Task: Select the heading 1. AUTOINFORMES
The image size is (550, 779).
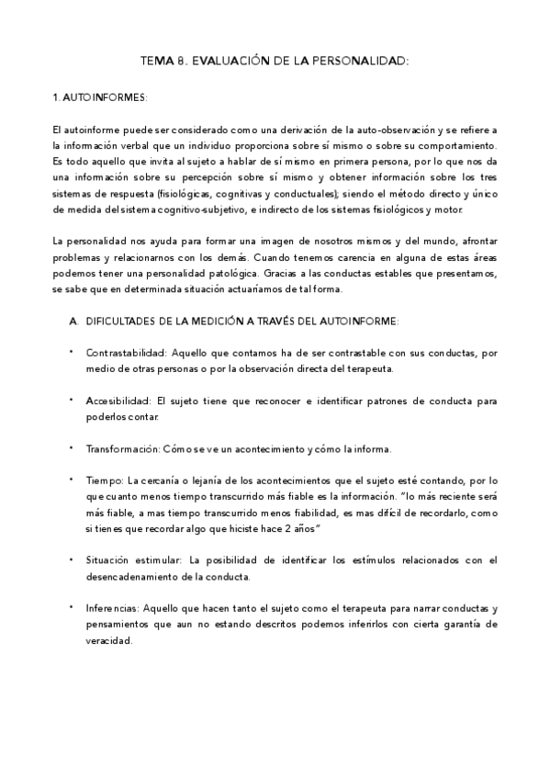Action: [99, 96]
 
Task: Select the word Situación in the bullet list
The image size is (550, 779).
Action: [108, 559]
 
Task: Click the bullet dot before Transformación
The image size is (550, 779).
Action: [72, 449]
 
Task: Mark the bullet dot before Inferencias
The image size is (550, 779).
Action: [72, 608]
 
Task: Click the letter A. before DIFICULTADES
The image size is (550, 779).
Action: [73, 321]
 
